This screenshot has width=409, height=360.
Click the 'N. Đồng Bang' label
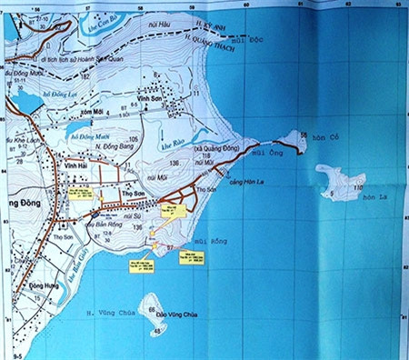(98, 147)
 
